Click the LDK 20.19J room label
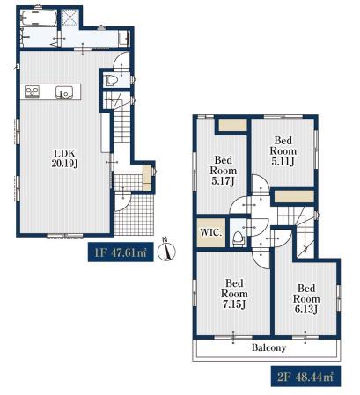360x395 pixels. pyautogui.click(x=64, y=158)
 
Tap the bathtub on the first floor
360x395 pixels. pyautogui.click(x=40, y=18)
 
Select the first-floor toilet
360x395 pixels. pyautogui.click(x=111, y=80)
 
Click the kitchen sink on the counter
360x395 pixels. pyautogui.click(x=63, y=92)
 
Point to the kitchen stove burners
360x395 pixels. pyautogui.click(x=32, y=91)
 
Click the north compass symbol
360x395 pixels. pyautogui.click(x=166, y=251)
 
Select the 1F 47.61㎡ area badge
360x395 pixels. pyautogui.click(x=121, y=252)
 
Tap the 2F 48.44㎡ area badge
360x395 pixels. pyautogui.click(x=305, y=377)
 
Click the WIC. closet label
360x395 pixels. pyautogui.click(x=211, y=233)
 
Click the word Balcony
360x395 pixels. pyautogui.click(x=268, y=348)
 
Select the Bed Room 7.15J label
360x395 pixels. pyautogui.click(x=234, y=294)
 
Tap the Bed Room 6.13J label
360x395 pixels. pyautogui.click(x=306, y=299)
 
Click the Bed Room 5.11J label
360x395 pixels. pyautogui.click(x=283, y=150)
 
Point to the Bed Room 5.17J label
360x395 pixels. pyautogui.click(x=223, y=171)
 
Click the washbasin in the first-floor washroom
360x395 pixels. pyautogui.click(x=124, y=38)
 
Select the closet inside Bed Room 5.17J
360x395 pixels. pyautogui.click(x=232, y=125)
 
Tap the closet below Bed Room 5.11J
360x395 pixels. pyautogui.click(x=294, y=196)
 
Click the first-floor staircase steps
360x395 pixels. pyautogui.click(x=121, y=126)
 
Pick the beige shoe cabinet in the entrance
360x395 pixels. pyautogui.click(x=147, y=178)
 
